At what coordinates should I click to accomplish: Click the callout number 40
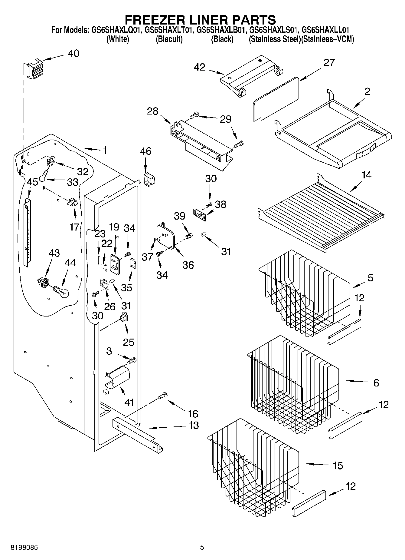[73, 54]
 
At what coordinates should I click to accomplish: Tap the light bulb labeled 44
[61, 291]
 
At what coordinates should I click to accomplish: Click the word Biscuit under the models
[169, 39]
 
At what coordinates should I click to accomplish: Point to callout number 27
[329, 62]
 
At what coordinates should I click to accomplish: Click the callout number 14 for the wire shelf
[366, 175]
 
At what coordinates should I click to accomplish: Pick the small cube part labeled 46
[149, 180]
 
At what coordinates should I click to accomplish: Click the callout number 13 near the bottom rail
[194, 425]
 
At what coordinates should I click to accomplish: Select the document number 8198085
[24, 548]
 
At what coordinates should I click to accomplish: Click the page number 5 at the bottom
[202, 547]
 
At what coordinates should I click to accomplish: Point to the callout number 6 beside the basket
[376, 383]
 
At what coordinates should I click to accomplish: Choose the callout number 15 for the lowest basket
[338, 465]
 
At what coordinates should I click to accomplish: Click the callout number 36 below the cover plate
[188, 265]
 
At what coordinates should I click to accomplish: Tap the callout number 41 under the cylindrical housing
[129, 402]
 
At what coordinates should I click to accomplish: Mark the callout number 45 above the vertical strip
[32, 182]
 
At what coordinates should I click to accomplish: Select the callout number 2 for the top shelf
[367, 91]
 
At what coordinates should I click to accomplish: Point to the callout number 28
[153, 111]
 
